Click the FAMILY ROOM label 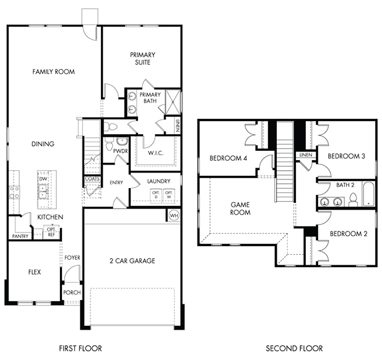pos(54,72)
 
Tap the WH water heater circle pos(174,215)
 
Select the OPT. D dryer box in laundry pos(156,195)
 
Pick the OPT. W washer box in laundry pos(168,195)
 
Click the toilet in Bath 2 pos(353,200)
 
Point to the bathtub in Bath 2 pos(368,194)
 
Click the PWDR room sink pos(122,142)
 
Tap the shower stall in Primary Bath pos(173,101)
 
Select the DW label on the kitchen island pos(43,179)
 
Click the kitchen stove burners pos(14,192)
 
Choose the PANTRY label pos(20,236)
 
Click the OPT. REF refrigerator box pos(51,232)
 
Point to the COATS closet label pos(92,179)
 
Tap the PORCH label pos(72,293)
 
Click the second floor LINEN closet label pos(306,155)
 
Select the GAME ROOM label pos(240,208)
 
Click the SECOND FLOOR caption pos(294,348)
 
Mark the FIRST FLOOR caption pos(80,348)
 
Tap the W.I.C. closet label pos(155,153)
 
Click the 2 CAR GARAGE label pos(132,261)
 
